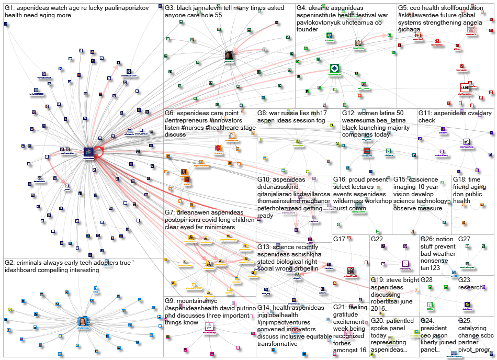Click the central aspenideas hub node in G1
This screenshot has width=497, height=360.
[x=88, y=152]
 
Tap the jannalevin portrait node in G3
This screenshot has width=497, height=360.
[x=229, y=55]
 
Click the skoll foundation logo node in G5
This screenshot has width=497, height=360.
[x=465, y=87]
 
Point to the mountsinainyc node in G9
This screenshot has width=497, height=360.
[x=209, y=328]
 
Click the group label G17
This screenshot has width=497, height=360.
[x=340, y=239]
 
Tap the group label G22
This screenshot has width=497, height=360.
[x=378, y=239]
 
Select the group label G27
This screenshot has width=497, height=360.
[x=465, y=239]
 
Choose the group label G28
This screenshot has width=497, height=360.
[x=426, y=280]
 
